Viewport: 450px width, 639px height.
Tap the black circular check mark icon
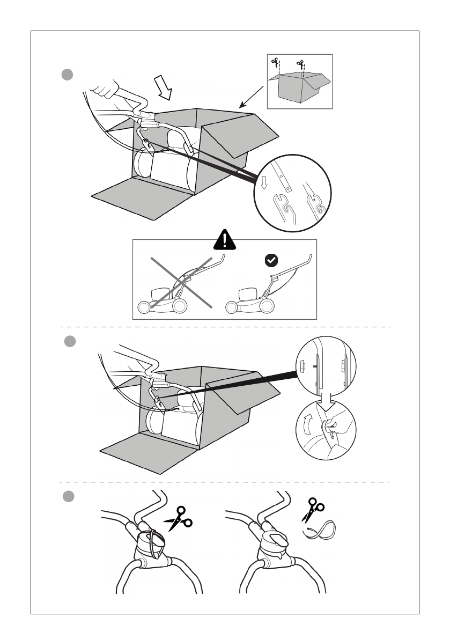(272, 261)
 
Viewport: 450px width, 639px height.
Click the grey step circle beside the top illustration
(67, 75)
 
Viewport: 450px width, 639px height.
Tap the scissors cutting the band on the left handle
(179, 518)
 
